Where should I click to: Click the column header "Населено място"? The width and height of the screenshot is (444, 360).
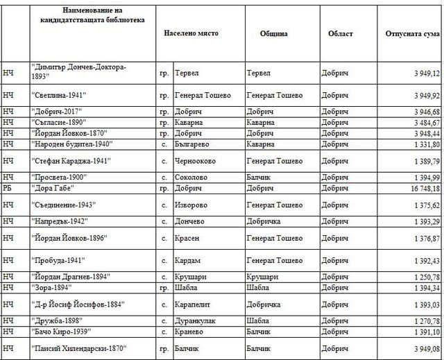click(191, 34)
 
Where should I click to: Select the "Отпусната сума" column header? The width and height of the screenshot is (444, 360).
click(412, 34)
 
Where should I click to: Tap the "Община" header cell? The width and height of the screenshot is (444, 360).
click(275, 34)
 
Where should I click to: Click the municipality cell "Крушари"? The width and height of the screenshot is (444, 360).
click(262, 277)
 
